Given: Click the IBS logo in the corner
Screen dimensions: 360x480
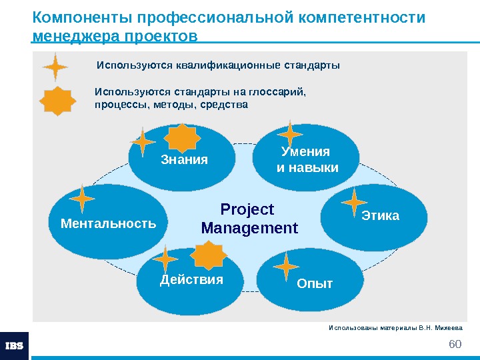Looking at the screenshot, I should [14, 345].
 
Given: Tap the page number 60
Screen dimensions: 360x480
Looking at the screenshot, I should [455, 343].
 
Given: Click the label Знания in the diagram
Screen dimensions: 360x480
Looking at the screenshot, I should [185, 160].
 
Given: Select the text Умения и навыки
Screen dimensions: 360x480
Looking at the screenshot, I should [307, 159].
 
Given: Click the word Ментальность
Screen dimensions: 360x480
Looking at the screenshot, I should [108, 223].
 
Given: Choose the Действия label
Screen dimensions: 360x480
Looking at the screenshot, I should [191, 279].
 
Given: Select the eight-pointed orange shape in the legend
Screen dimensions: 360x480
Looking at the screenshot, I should [57, 102].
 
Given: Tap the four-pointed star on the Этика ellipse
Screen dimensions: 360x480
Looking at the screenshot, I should [354, 203].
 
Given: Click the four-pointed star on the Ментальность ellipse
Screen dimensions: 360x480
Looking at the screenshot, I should [83, 199].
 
